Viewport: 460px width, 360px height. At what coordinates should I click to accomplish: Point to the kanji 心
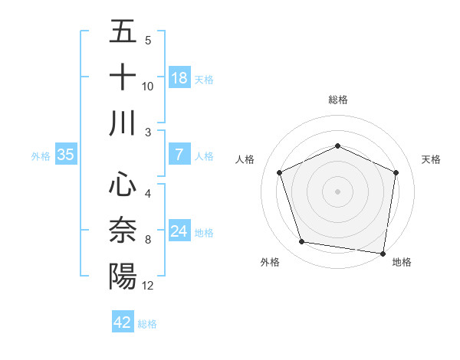tap(123, 184)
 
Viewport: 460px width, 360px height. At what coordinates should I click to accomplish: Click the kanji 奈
tap(123, 230)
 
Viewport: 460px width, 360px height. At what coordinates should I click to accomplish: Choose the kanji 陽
tap(123, 276)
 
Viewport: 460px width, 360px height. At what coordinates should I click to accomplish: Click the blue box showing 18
tap(179, 78)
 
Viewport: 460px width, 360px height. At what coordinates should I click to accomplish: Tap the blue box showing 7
tap(179, 155)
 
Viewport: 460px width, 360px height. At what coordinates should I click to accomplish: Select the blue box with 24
tap(179, 231)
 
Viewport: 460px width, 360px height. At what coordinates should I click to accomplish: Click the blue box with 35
tap(66, 155)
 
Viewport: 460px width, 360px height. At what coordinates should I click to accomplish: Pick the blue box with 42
tap(123, 322)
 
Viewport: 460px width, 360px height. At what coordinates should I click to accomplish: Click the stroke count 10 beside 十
tap(148, 87)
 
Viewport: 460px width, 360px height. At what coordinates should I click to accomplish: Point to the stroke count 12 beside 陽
tap(148, 286)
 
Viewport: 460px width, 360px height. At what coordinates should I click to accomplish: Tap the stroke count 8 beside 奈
tap(147, 240)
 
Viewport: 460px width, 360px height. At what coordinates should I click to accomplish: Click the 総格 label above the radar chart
tap(337, 100)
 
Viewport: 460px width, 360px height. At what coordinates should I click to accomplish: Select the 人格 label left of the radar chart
tap(245, 159)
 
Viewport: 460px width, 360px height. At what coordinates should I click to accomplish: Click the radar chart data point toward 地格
tap(383, 253)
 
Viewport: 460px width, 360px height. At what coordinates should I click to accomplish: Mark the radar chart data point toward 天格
tap(396, 172)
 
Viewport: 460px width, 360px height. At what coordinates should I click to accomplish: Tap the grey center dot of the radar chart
tap(337, 191)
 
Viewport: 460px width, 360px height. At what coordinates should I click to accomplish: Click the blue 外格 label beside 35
tap(41, 155)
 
